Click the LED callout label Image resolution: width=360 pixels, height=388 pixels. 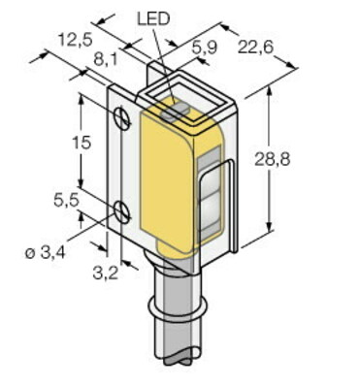tap(153, 19)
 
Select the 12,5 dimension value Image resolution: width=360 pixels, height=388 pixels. tap(76, 41)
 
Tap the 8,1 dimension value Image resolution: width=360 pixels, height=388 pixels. tap(106, 60)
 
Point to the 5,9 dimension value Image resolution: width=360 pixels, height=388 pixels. tap(205, 48)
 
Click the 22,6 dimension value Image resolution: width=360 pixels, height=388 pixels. tap(255, 48)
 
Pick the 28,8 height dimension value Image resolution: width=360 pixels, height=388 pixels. tap(272, 159)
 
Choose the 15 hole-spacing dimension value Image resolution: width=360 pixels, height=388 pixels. tap(82, 143)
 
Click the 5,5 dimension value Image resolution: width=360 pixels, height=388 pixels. tap(66, 201)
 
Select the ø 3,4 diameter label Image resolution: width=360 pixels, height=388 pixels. tap(46, 253)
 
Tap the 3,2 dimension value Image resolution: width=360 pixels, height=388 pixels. tap(106, 274)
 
